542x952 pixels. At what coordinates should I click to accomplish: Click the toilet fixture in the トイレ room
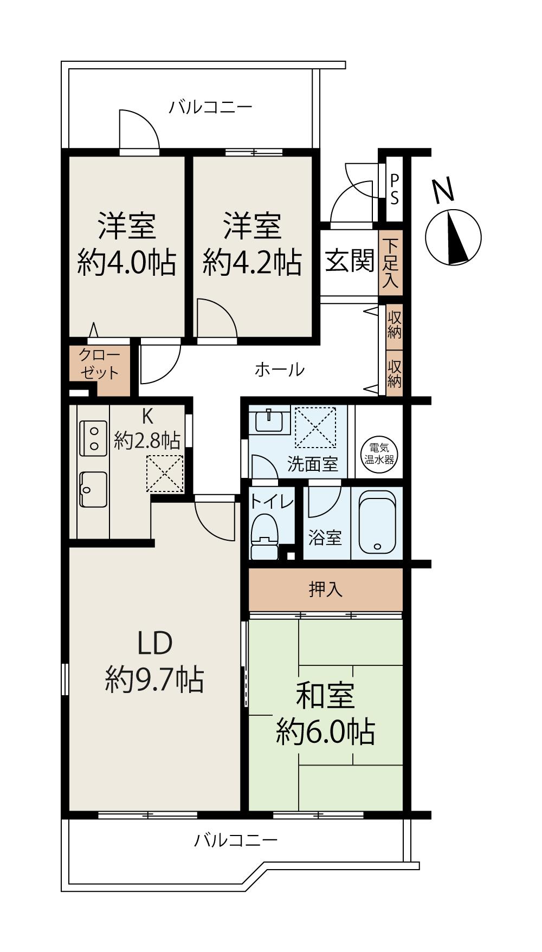click(265, 536)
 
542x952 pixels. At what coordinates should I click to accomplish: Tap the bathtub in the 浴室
click(377, 522)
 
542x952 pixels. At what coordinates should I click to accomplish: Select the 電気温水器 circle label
click(379, 454)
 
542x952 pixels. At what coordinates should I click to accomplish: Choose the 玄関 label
click(350, 261)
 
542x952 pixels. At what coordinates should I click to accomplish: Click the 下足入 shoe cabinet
click(390, 264)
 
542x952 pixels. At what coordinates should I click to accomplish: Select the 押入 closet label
click(326, 589)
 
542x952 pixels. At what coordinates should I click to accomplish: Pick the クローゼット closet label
click(99, 364)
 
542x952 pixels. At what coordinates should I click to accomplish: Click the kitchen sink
click(93, 489)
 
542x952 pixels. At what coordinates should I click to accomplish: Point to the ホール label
click(280, 370)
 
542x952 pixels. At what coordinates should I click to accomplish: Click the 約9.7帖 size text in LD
click(154, 679)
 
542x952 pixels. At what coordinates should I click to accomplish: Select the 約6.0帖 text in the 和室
click(325, 732)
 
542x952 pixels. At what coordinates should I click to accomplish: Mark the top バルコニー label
click(210, 107)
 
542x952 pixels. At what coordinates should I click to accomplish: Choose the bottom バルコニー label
click(236, 840)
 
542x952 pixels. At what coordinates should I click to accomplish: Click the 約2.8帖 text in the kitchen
click(147, 440)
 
